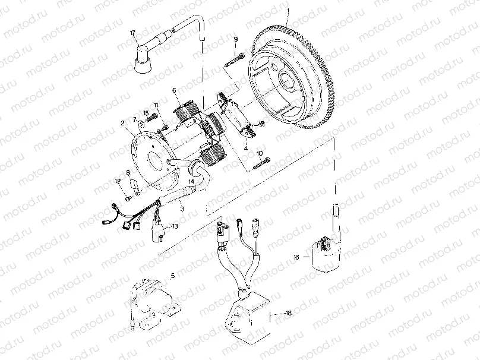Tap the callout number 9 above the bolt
click(235, 39)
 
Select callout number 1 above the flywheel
click(288, 11)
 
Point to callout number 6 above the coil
click(175, 90)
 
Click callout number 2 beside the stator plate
click(121, 124)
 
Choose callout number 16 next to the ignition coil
click(297, 257)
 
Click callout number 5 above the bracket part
click(173, 276)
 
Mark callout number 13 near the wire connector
click(175, 226)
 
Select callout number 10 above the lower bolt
click(260, 153)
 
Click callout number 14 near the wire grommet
click(191, 181)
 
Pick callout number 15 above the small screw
click(145, 113)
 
